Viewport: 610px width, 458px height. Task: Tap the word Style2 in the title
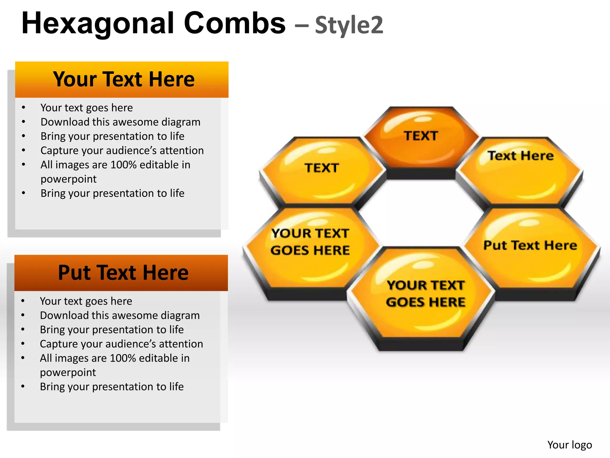tap(349, 25)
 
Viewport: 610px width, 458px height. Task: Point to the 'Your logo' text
tap(569, 445)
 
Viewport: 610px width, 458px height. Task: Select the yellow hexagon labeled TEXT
tap(322, 173)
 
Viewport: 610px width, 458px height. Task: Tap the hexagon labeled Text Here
tap(520, 173)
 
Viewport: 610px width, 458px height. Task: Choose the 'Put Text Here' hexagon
tap(530, 250)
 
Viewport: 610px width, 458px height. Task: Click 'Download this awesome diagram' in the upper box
tap(120, 122)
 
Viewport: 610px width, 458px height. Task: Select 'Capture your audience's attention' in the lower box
tap(121, 344)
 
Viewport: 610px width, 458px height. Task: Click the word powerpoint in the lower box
tap(68, 372)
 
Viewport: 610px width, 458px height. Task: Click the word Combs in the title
tap(234, 24)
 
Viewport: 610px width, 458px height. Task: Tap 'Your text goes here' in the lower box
tap(86, 301)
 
